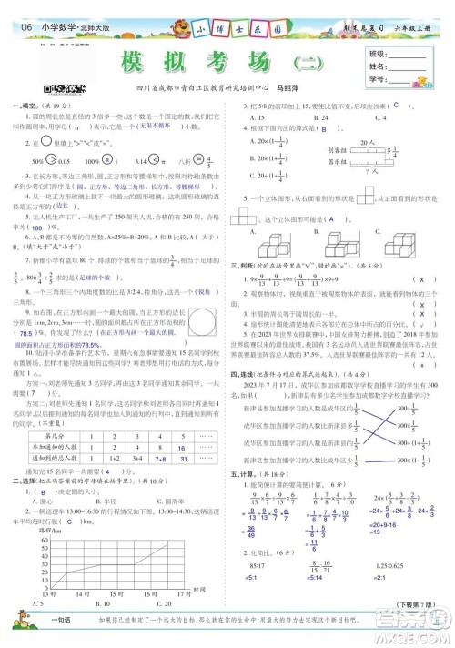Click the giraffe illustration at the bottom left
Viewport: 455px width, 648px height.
(21, 627)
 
